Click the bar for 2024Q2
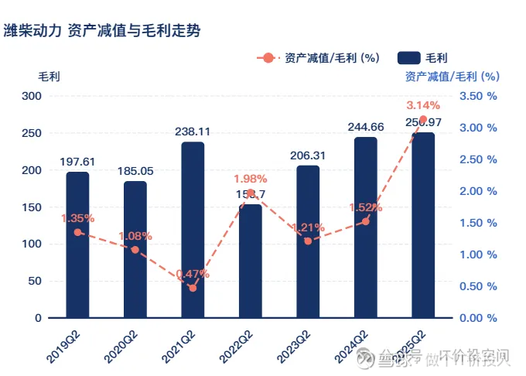coord(366,227)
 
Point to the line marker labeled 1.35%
coord(77,232)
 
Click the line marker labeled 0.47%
coord(193,288)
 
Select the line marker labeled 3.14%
coord(423,119)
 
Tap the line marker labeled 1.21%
coord(308,241)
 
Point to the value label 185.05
coord(135,171)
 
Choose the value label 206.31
coord(308,156)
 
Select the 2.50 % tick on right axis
coord(477,159)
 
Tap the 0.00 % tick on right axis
coord(477,318)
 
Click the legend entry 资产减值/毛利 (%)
coord(321,57)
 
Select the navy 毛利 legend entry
coord(422,57)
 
